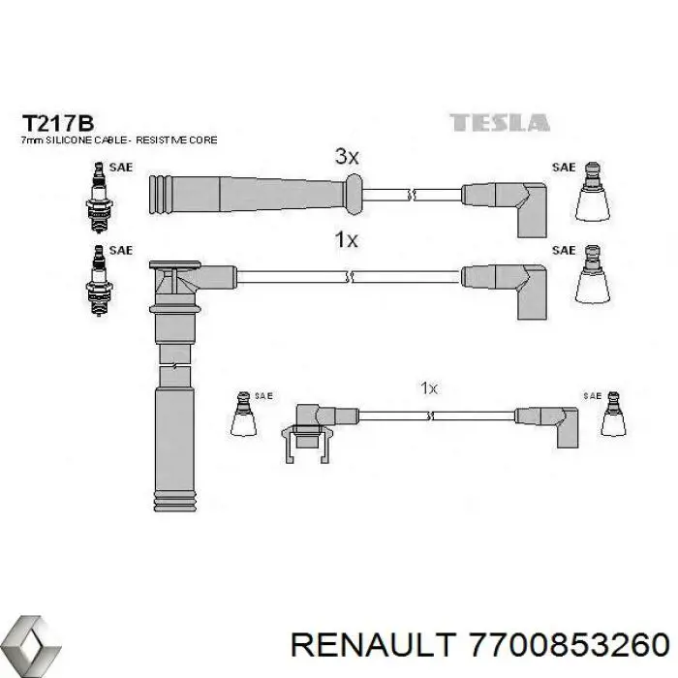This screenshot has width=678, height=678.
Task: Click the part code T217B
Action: pos(57,124)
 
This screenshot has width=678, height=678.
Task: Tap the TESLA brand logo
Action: pos(500,122)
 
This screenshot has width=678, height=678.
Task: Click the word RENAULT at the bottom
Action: pos(374,646)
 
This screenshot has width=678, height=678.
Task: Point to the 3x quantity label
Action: pos(347,157)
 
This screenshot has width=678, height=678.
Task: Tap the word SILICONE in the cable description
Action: pos(69,140)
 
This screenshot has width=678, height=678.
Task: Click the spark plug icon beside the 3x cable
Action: pos(100,198)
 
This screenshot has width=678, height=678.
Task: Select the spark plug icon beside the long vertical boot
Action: pos(100,281)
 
